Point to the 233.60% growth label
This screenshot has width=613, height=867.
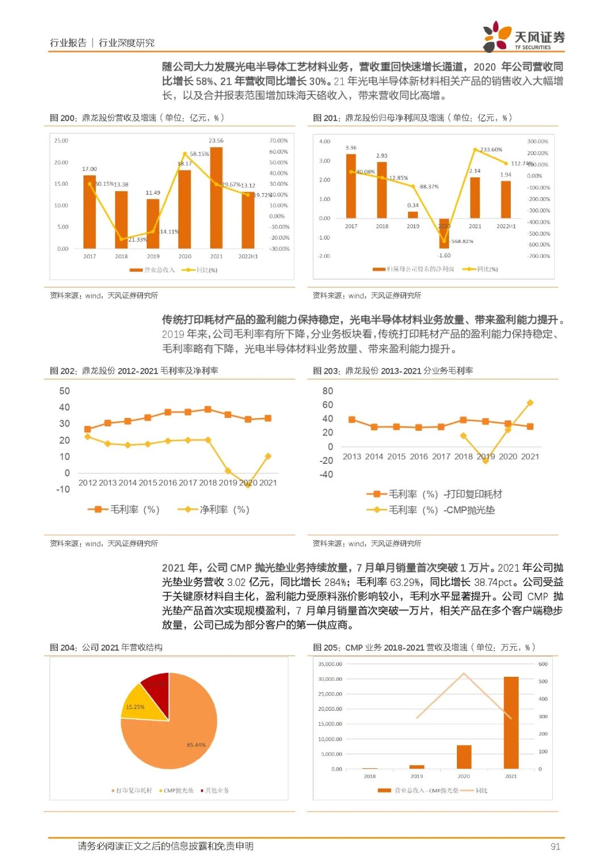pos(491,149)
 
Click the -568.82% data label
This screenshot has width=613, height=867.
pos(462,241)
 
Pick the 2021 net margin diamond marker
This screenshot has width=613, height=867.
pos(268,456)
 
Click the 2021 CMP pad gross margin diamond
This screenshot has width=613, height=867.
pos(530,403)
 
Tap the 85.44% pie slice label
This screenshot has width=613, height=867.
pos(196,744)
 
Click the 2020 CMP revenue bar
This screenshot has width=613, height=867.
pos(464,756)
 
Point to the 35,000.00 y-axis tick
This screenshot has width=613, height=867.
pos(330,664)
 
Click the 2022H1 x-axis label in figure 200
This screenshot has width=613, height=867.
pos(248,257)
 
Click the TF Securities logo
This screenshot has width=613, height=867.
pos(523,37)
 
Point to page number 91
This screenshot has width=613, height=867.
pos(555,847)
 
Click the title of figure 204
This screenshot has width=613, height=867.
pos(106,647)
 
